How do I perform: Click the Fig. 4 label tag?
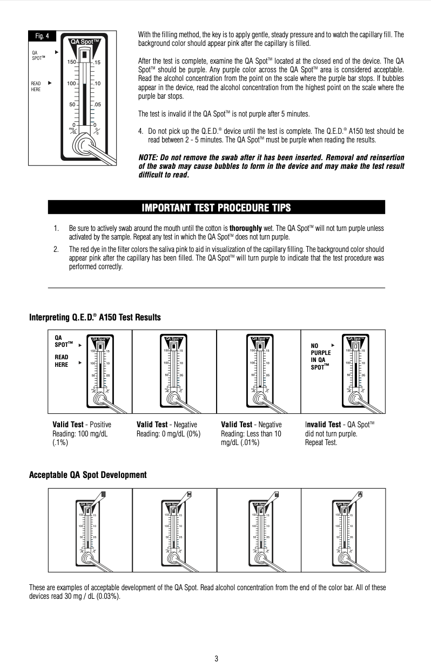[42, 36]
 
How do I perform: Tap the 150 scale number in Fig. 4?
[71, 63]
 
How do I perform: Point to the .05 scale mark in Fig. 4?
[98, 104]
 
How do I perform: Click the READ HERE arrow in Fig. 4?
[50, 83]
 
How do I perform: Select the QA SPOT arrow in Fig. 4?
[57, 52]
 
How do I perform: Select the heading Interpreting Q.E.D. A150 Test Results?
[95, 317]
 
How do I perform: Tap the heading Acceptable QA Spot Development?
[87, 475]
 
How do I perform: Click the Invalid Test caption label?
[323, 425]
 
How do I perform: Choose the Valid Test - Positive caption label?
[82, 425]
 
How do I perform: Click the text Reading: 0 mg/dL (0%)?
[169, 433]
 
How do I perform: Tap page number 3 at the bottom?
[216, 658]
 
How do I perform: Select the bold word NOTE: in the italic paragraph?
[150, 157]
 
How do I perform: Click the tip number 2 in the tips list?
[56, 249]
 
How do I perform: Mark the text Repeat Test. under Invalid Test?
[321, 442]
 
